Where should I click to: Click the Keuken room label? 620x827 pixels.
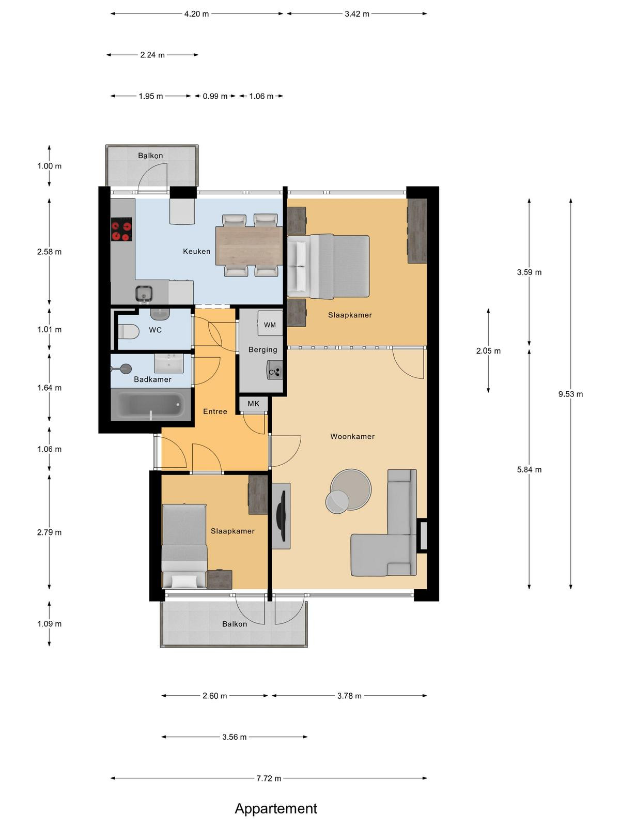(x=196, y=251)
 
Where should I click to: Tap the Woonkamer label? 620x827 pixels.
(x=352, y=436)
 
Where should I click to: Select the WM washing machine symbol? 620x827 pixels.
(x=270, y=323)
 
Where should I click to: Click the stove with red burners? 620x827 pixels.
(x=121, y=229)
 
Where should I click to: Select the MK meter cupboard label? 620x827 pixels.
(x=254, y=404)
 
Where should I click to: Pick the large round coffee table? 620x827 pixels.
(x=351, y=489)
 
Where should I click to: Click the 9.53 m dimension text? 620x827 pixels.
(x=571, y=394)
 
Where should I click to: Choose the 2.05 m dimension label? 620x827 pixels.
(x=488, y=351)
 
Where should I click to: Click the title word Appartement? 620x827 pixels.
(x=276, y=808)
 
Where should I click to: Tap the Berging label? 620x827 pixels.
(x=263, y=349)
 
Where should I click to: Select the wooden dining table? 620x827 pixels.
(x=249, y=246)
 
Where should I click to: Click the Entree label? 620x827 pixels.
(x=215, y=411)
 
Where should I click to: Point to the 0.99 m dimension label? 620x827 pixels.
(x=215, y=96)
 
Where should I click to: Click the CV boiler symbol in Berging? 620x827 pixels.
(x=275, y=372)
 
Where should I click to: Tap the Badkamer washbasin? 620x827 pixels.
(x=168, y=363)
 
